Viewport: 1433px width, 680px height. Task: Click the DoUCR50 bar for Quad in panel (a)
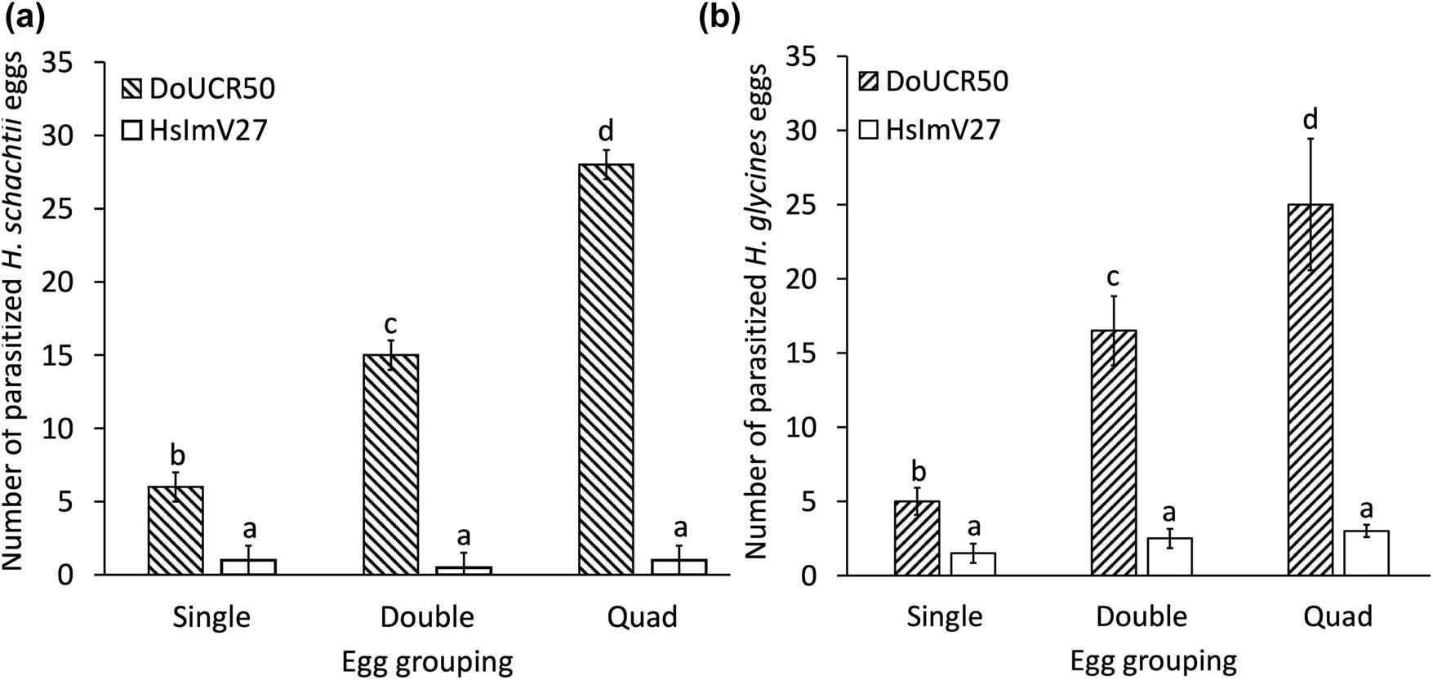(x=605, y=370)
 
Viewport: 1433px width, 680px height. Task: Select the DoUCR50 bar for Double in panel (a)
(x=390, y=465)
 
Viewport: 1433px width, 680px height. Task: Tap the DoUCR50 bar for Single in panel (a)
(x=176, y=531)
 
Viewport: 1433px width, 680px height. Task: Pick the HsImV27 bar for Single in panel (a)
(x=248, y=567)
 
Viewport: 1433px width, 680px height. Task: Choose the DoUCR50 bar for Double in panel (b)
(x=1114, y=453)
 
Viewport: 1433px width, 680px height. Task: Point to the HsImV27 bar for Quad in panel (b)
(x=1366, y=553)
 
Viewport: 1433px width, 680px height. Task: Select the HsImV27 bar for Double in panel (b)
(x=1169, y=557)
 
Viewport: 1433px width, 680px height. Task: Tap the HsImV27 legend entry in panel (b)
(x=929, y=129)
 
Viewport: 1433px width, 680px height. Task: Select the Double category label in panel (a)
(x=427, y=617)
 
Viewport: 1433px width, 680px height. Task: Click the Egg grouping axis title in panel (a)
(x=427, y=662)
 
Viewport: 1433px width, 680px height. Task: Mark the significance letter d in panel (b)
(x=1311, y=121)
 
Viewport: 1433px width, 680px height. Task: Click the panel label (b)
(x=719, y=18)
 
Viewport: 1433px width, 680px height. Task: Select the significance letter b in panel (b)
(x=918, y=473)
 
